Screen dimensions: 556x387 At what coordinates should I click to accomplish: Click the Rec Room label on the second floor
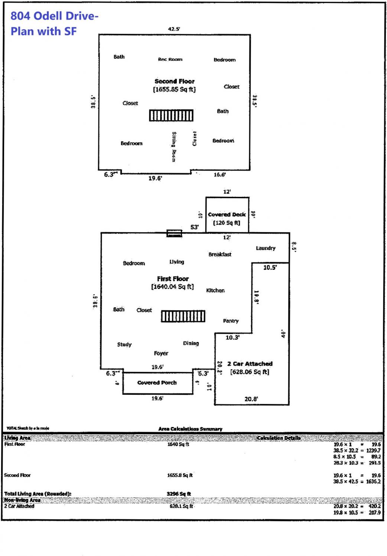[170, 59]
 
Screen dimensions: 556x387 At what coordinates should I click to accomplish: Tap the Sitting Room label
[174, 147]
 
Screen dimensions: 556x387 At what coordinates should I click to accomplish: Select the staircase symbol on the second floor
[171, 115]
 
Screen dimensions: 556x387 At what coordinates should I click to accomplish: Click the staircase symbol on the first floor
[183, 316]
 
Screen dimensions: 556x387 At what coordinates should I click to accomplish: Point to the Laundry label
[266, 248]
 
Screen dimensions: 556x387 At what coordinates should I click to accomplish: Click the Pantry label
[231, 321]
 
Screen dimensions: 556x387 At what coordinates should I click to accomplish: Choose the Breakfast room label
[219, 254]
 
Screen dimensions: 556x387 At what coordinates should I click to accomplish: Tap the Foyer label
[161, 353]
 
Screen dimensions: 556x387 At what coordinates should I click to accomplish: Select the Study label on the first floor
[124, 344]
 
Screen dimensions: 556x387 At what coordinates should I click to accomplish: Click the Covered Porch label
[157, 383]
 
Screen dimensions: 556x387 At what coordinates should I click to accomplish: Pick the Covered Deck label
[227, 214]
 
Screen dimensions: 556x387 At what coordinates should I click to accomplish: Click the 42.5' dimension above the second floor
[174, 29]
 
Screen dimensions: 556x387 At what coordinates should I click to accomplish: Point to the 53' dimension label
[195, 227]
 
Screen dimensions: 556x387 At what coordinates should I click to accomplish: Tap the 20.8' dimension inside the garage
[251, 399]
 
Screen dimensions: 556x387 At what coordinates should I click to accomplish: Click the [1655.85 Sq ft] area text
[174, 89]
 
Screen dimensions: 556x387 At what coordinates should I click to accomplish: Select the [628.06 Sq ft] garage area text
[250, 372]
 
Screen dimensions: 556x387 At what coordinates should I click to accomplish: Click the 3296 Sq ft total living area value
[179, 494]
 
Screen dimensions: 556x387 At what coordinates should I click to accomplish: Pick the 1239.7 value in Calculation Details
[373, 450]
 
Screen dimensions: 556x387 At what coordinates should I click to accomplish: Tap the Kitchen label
[215, 290]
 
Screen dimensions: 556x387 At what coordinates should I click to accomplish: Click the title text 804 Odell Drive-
[54, 16]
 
